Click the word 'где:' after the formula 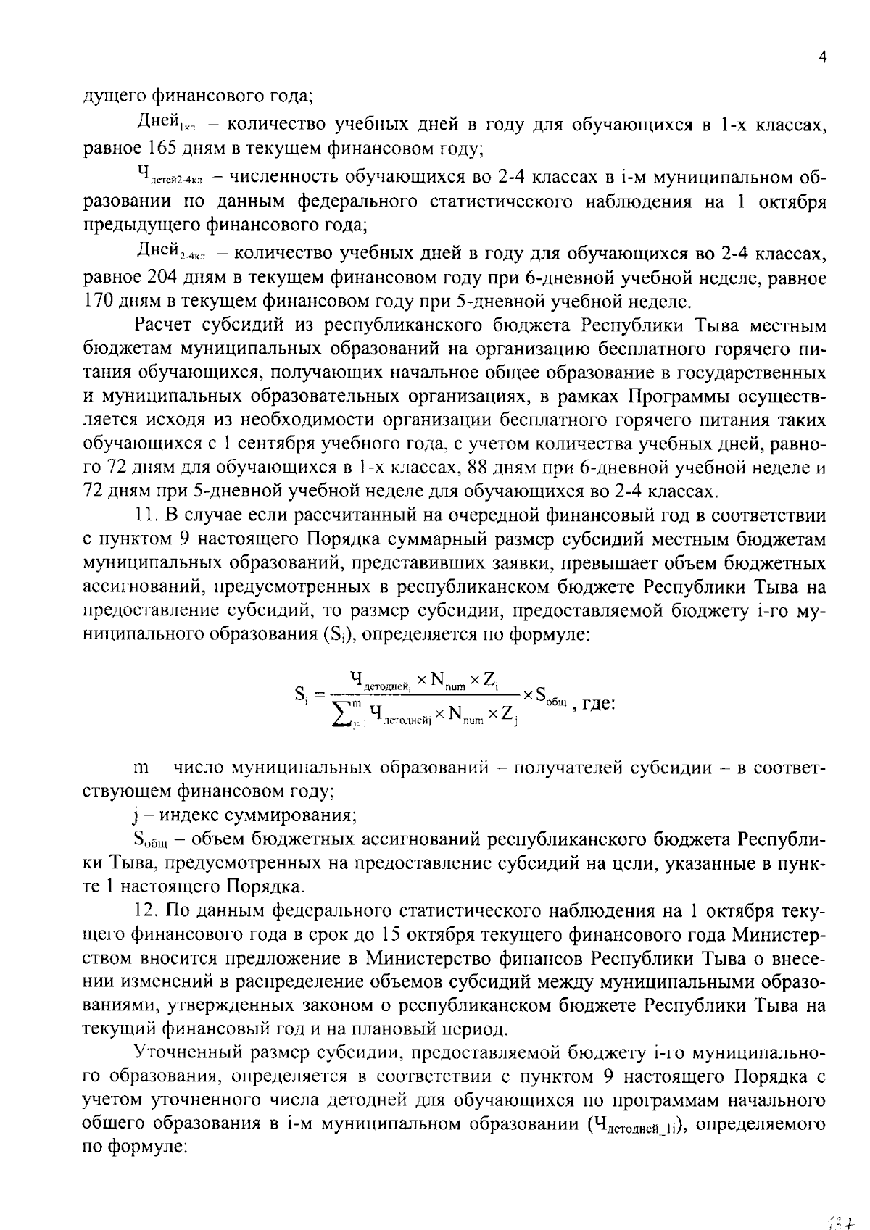click(x=599, y=702)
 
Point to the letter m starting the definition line click(x=141, y=768)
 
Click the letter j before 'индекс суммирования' click(x=136, y=815)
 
